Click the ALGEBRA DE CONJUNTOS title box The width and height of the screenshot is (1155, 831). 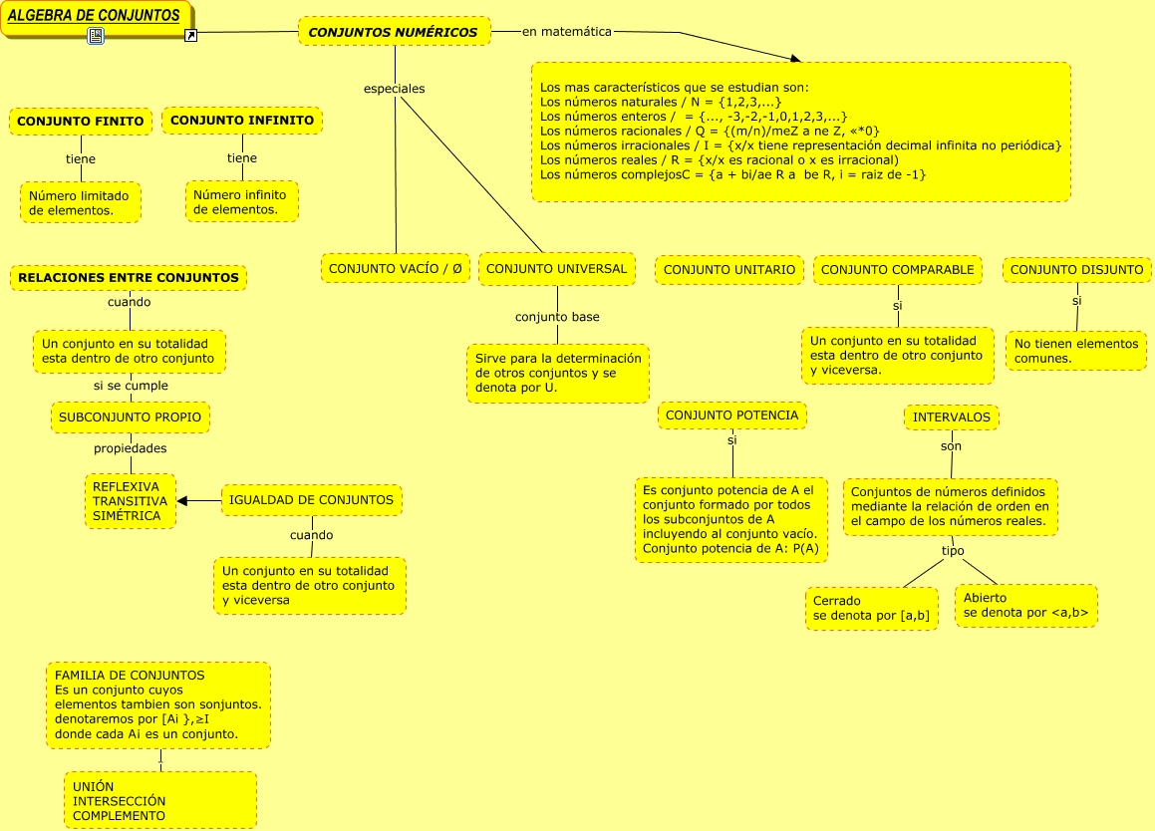pos(95,16)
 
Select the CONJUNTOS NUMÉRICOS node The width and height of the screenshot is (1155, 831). pos(394,32)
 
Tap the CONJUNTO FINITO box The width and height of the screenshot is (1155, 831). pos(81,121)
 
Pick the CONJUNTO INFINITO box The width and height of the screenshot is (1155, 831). pos(242,121)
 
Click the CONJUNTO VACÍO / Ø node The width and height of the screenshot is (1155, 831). pos(396,269)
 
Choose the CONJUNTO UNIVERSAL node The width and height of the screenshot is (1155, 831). pos(556,269)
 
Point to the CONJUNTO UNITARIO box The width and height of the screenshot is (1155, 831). pos(729,270)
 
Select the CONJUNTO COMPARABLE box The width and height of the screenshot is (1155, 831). pos(897,270)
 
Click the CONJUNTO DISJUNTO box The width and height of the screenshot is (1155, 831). pos(1076,270)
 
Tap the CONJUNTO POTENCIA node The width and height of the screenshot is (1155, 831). pos(731,415)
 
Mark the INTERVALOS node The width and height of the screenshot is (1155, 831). pos(952,417)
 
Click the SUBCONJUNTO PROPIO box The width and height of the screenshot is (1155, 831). pos(130,417)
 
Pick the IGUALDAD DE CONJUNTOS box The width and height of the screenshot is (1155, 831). pos(311,500)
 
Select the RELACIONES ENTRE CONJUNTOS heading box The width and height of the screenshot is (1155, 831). pos(129,278)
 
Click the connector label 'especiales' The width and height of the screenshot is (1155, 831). pos(395,89)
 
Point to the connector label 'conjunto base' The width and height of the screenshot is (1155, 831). pos(557,317)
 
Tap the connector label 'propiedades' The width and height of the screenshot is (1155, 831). pos(130,448)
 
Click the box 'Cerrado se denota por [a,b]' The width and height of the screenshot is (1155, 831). pos(871,609)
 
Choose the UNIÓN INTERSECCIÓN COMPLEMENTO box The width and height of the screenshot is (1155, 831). pos(159,801)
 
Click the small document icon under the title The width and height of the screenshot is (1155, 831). pos(96,36)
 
